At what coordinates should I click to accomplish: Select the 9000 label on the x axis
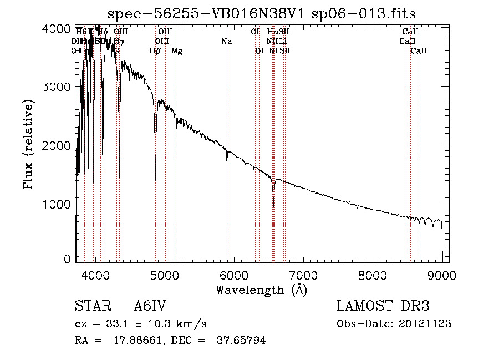442,275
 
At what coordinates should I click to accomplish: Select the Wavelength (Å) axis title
261,290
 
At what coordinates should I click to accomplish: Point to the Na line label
226,41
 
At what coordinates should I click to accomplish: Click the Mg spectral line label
177,51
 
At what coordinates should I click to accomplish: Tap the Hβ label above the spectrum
155,51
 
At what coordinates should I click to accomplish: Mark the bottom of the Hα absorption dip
273,206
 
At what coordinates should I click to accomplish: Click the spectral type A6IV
150,306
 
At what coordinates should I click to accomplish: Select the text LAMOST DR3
383,306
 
